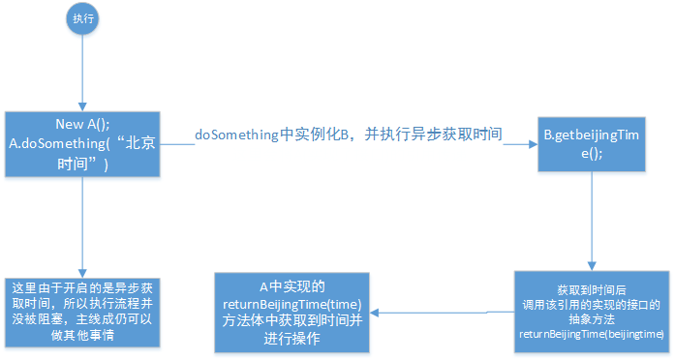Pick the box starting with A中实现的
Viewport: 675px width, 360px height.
(291, 312)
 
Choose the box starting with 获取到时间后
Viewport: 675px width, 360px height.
(591, 311)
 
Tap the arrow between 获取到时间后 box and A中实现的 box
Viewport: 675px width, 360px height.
(441, 312)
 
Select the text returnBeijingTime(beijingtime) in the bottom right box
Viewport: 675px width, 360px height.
(591, 334)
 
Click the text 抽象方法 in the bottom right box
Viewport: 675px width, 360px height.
(591, 318)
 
